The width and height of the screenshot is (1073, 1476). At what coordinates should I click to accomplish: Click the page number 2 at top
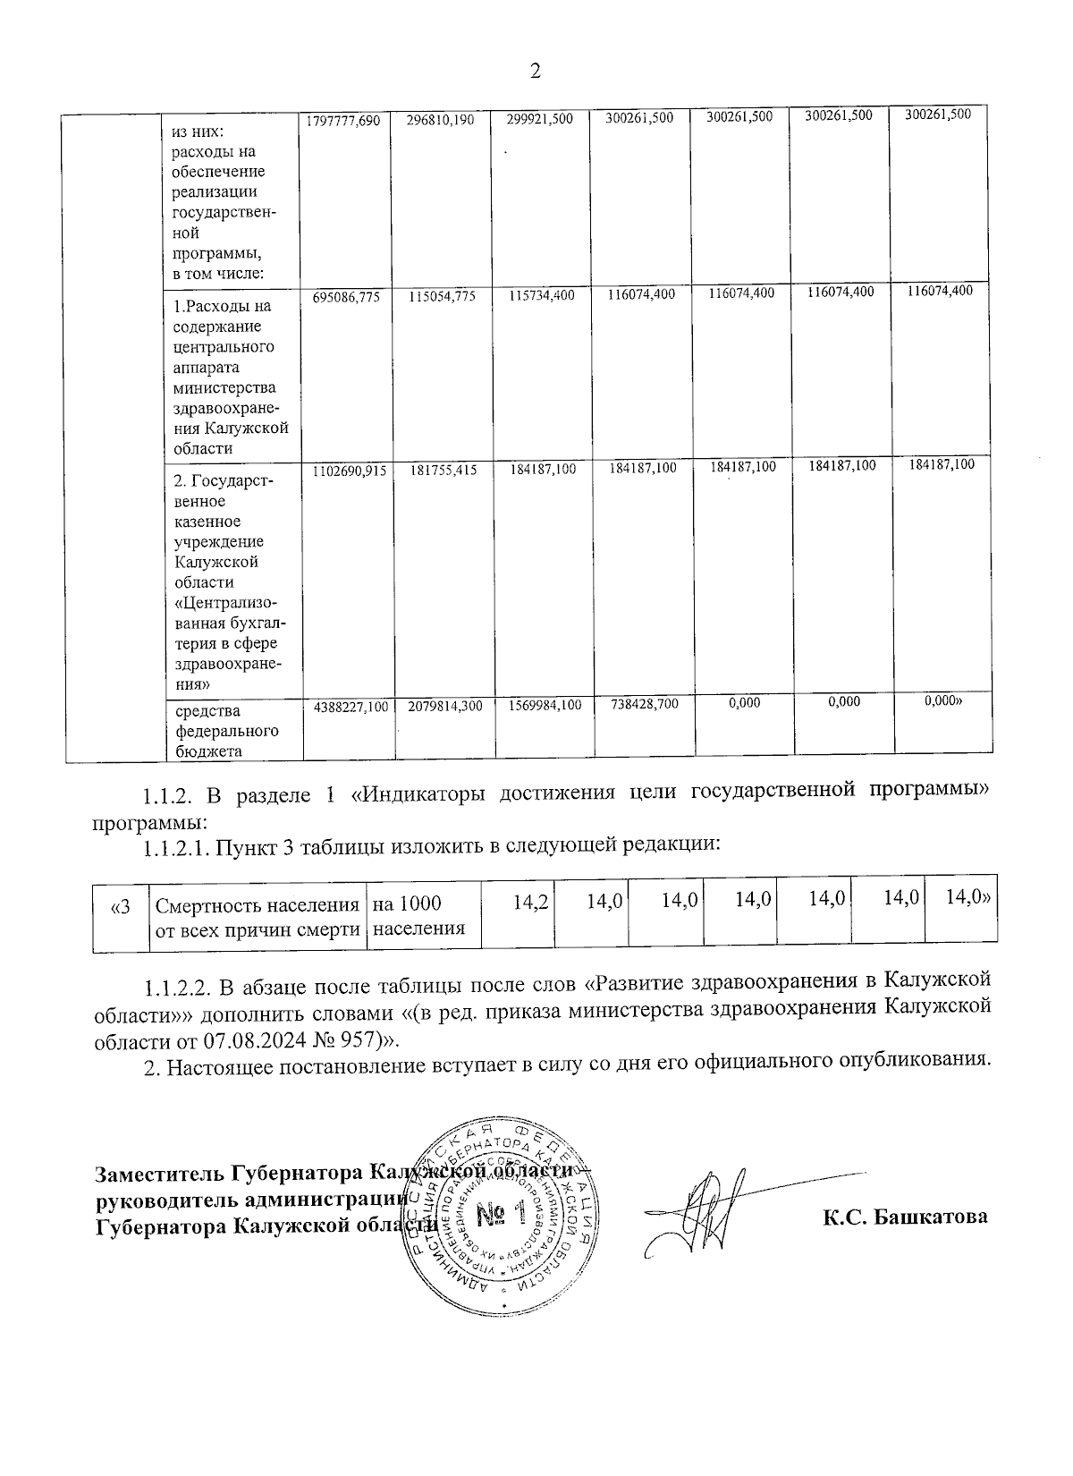point(536,72)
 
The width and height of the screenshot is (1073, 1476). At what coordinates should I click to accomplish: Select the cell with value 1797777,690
point(343,120)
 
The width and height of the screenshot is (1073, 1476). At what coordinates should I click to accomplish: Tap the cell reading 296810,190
point(442,120)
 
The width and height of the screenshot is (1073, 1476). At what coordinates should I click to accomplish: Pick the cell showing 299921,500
point(540,120)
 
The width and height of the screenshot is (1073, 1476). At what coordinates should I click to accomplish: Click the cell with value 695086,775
point(346,295)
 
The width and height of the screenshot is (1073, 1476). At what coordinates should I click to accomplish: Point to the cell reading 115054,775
point(442,295)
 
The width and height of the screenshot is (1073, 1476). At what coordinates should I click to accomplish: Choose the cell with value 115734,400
point(541,295)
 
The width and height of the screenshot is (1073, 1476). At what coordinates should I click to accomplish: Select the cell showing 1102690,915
point(346,469)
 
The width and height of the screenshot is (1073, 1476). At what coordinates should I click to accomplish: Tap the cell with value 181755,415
point(442,469)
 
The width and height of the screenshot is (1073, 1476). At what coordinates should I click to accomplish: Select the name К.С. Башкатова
point(905,1217)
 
